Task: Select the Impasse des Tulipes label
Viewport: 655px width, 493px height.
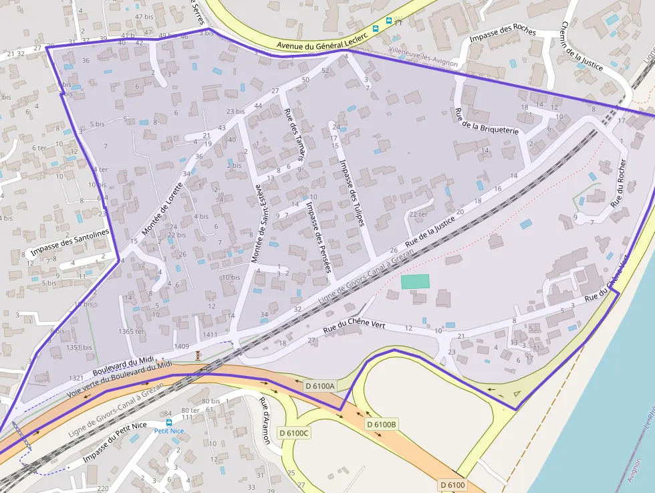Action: pos(351,192)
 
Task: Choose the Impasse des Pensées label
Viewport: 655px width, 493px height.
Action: pos(318,236)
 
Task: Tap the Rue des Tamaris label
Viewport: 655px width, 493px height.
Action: pos(295,134)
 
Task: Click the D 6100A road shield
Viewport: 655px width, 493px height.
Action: pos(319,385)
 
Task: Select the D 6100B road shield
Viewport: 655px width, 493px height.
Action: pos(381,424)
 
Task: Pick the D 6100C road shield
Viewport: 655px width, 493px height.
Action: pos(294,433)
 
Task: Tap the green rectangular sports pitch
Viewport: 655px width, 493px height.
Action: pos(415,282)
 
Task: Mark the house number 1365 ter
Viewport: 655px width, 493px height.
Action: pos(132,331)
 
